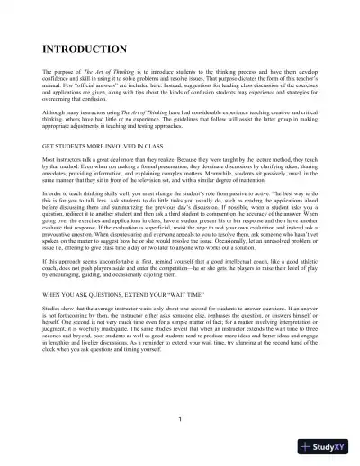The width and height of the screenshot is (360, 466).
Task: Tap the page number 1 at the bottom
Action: coord(180,420)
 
